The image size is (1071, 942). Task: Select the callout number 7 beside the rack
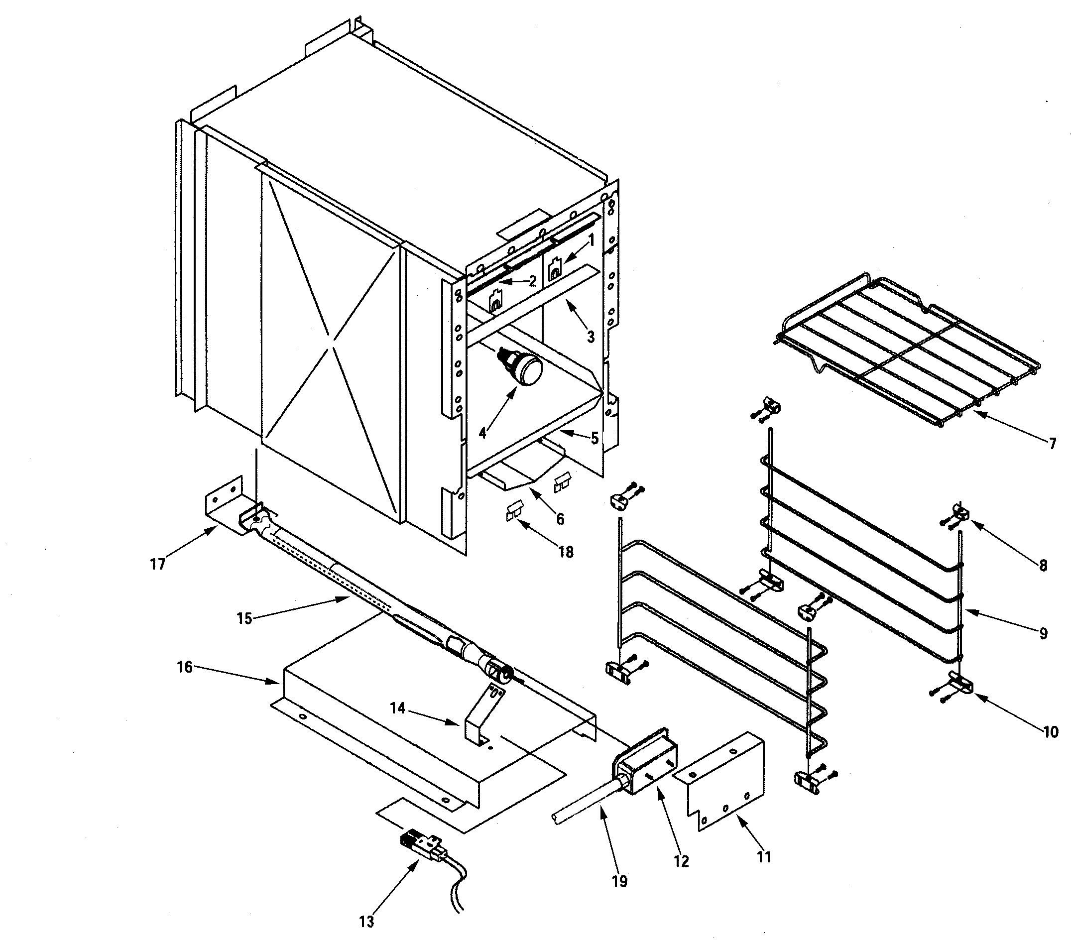(x=1053, y=444)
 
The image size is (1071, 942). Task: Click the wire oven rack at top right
(x=907, y=346)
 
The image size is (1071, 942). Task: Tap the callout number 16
(x=184, y=667)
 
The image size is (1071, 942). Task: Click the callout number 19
(x=619, y=881)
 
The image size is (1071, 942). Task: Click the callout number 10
(x=1051, y=732)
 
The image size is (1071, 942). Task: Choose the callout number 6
(x=560, y=519)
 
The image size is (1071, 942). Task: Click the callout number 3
(x=591, y=337)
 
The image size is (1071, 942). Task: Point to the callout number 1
(x=592, y=240)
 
